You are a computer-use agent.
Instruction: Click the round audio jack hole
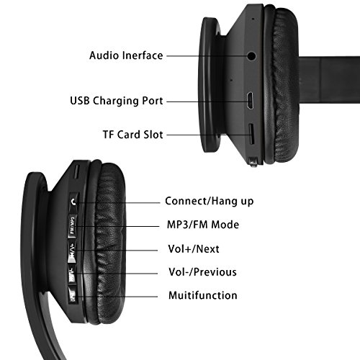click(x=251, y=56)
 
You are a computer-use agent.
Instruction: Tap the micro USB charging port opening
click(x=250, y=101)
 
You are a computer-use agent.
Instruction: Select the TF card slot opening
click(x=251, y=134)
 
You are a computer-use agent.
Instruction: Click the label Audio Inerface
click(x=126, y=55)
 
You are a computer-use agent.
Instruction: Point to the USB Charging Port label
click(x=117, y=101)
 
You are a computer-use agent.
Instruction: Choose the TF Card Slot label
click(x=133, y=135)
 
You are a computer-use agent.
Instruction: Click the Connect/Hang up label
click(x=210, y=201)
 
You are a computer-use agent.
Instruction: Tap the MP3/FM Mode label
click(x=203, y=225)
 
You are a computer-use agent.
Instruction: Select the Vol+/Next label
click(x=194, y=249)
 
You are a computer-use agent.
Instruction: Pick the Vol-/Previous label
click(x=203, y=272)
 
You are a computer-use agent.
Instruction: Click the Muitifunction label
click(x=203, y=295)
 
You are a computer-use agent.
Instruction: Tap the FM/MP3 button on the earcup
click(x=73, y=226)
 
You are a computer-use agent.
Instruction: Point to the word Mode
click(x=225, y=225)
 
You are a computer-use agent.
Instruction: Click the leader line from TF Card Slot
click(x=209, y=135)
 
